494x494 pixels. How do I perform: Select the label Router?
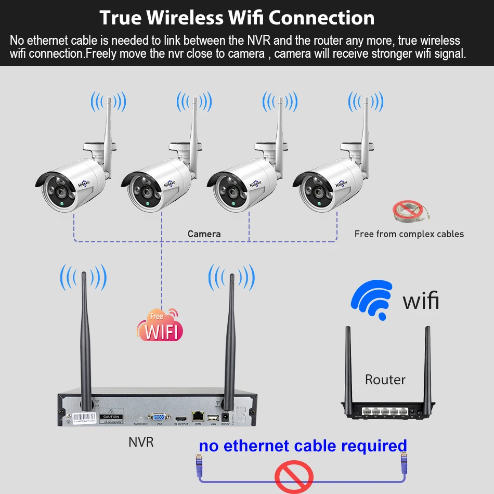[385, 380]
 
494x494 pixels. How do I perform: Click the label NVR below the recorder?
[141, 442]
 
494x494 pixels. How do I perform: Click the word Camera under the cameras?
[204, 234]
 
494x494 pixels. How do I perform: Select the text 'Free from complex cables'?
[409, 234]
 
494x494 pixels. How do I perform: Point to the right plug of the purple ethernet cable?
[403, 460]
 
